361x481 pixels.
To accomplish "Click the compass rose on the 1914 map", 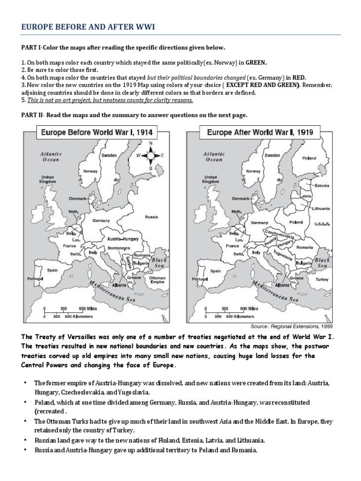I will (150, 155).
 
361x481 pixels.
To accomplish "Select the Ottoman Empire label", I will (157, 280).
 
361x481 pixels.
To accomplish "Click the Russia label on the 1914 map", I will (151, 217).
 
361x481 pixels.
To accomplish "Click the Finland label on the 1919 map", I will (309, 158).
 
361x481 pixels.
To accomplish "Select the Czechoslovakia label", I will (280, 234).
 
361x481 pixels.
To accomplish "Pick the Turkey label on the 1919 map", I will (322, 279).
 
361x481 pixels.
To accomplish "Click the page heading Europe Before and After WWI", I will (88, 28).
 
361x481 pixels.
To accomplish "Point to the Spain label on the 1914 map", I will (52, 270).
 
